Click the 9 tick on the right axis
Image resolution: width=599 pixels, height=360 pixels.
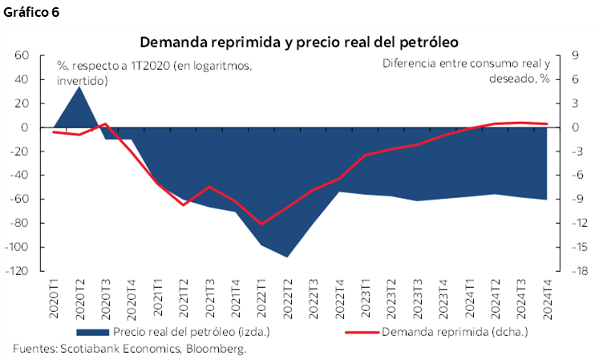(575, 55)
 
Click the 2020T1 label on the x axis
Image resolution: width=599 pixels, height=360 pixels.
(54, 299)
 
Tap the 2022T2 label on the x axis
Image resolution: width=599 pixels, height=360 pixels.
(287, 299)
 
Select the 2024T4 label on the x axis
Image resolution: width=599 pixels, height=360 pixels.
(547, 299)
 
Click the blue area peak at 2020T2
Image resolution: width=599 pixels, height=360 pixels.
(79, 87)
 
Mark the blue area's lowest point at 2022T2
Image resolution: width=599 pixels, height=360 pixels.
(287, 257)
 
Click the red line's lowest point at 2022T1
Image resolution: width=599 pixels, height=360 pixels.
(261, 224)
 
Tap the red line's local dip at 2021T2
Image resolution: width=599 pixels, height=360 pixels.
(184, 205)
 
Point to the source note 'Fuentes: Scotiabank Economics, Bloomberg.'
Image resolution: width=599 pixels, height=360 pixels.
(129, 348)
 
